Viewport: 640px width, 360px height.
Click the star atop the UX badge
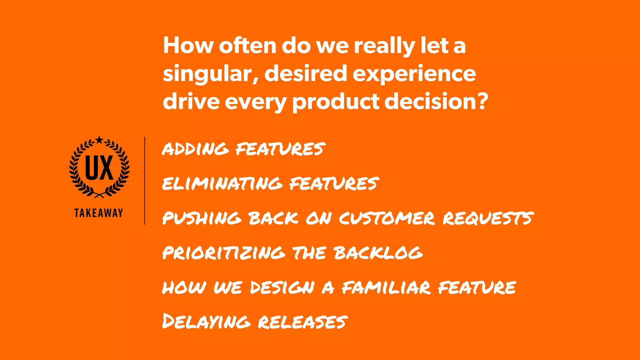99,140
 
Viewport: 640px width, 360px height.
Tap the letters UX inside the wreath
99,168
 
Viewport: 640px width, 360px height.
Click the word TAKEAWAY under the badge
99,213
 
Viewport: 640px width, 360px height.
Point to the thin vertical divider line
145,181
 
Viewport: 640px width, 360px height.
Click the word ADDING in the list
195,149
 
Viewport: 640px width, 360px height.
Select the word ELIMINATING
222,183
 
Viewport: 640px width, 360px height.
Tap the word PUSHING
202,218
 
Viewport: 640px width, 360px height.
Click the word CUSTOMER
387,218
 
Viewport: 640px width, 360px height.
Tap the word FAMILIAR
386,287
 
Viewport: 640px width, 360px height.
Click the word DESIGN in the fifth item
282,287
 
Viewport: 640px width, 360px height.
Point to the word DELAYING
206,322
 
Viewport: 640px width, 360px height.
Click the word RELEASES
302,322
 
